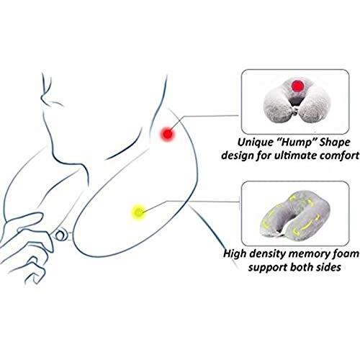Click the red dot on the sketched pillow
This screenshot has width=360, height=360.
[168, 134]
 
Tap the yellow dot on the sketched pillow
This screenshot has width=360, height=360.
[138, 212]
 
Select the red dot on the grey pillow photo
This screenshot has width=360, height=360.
[297, 86]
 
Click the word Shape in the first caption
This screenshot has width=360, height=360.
[335, 143]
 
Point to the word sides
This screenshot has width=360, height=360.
[328, 267]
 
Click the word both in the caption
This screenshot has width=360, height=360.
[301, 267]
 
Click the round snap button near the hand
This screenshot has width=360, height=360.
[60, 236]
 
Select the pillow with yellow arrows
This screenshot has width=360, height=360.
[294, 215]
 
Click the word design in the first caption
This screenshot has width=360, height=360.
[238, 156]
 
